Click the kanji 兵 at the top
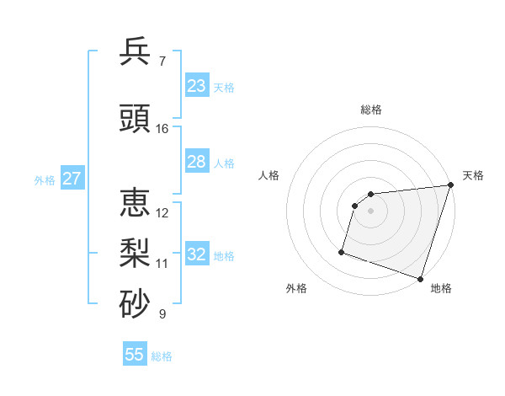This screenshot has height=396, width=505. pos(135,51)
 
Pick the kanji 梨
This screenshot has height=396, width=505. pos(135,254)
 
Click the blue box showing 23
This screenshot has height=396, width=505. pos(197,86)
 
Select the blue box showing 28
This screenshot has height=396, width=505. pos(197,162)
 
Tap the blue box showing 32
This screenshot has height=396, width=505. pos(197,254)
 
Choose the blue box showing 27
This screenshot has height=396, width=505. pos(72,179)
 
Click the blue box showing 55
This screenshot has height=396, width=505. pos(135,355)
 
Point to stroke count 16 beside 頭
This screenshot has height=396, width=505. pos(162,129)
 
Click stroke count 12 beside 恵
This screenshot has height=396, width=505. pos(162,212)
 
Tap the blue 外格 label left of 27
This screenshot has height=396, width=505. pos(45,180)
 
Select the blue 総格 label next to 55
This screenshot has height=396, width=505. pos(162,356)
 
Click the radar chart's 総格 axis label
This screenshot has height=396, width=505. pos(370,110)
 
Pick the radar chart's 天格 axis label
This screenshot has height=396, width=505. pos(473,175)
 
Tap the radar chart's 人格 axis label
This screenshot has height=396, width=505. pos(269,175)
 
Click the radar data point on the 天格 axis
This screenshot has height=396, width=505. pos(450,185)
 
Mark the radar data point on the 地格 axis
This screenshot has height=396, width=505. pos(420,278)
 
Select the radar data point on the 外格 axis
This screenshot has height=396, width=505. pos(342,251)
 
